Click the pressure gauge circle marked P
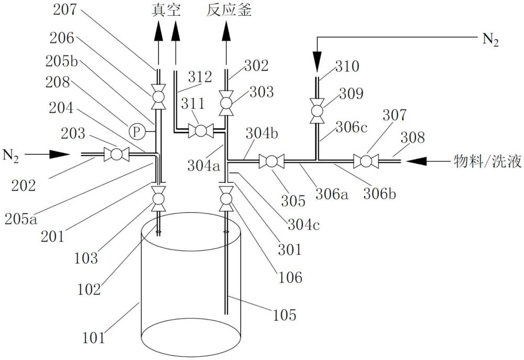coord(136,132)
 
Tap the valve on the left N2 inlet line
coord(116,155)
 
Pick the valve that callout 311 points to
coord(200,131)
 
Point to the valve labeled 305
coord(271,161)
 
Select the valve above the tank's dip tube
coord(226,199)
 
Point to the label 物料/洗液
coord(487,161)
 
